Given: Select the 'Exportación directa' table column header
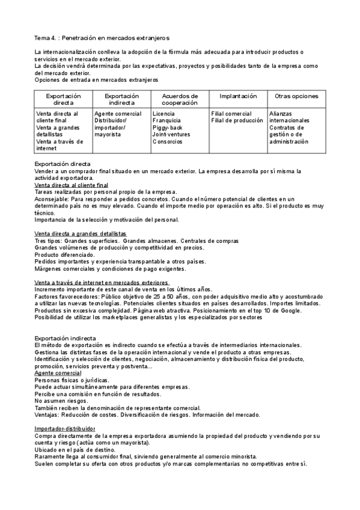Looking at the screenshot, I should (x=63, y=99).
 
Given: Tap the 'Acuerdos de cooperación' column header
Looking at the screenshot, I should (x=180, y=99).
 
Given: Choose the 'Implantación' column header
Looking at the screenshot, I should (x=238, y=96).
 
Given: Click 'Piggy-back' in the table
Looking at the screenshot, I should (x=169, y=127).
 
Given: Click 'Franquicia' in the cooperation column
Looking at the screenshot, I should (x=167, y=120).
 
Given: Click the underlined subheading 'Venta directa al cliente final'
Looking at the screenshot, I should (x=72, y=185).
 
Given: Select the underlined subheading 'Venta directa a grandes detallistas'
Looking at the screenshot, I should (x=81, y=233).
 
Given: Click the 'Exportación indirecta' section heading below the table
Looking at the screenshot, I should (x=65, y=338).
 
